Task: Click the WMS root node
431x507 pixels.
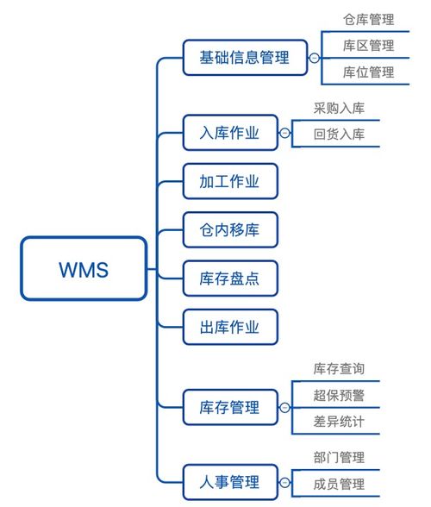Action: (x=84, y=268)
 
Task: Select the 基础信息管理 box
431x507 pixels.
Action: (x=245, y=58)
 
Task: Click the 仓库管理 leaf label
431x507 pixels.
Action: (x=368, y=19)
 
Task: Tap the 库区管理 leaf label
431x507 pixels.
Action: (x=368, y=46)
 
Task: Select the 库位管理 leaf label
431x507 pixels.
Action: (x=368, y=72)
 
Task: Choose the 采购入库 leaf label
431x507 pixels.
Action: (x=339, y=109)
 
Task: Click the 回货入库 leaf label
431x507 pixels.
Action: (x=339, y=135)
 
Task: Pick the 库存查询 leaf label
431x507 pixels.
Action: (x=339, y=369)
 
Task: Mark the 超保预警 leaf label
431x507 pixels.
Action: (x=339, y=395)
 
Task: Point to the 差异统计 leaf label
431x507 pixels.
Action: (x=339, y=422)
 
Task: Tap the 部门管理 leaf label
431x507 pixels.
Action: (x=339, y=457)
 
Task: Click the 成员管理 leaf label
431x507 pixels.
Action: (x=339, y=484)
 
